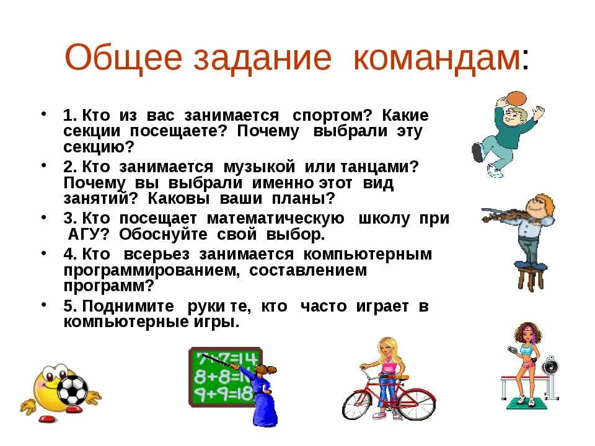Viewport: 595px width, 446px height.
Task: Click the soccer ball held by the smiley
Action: (73, 388)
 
